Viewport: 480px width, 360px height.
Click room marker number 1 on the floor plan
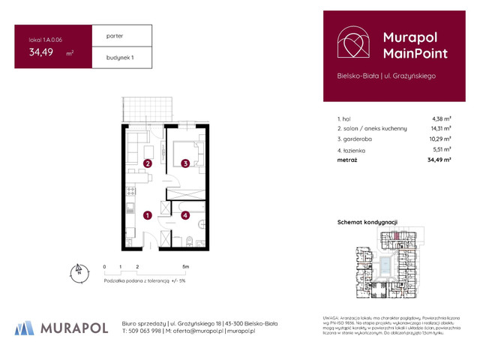[x=148, y=216]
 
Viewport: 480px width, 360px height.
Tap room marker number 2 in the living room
[x=148, y=163]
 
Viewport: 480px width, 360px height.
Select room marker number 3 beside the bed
[x=184, y=163]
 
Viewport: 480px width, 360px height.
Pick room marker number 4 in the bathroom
[x=184, y=216]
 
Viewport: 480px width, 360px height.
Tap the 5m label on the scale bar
[x=184, y=266]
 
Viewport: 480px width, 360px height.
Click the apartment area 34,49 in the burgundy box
[x=41, y=52]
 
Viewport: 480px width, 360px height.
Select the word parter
[x=115, y=35]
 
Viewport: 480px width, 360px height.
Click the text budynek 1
[x=120, y=57]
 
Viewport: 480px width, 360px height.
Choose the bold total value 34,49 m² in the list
[x=439, y=160]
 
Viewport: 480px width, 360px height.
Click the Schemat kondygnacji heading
[x=367, y=223]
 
